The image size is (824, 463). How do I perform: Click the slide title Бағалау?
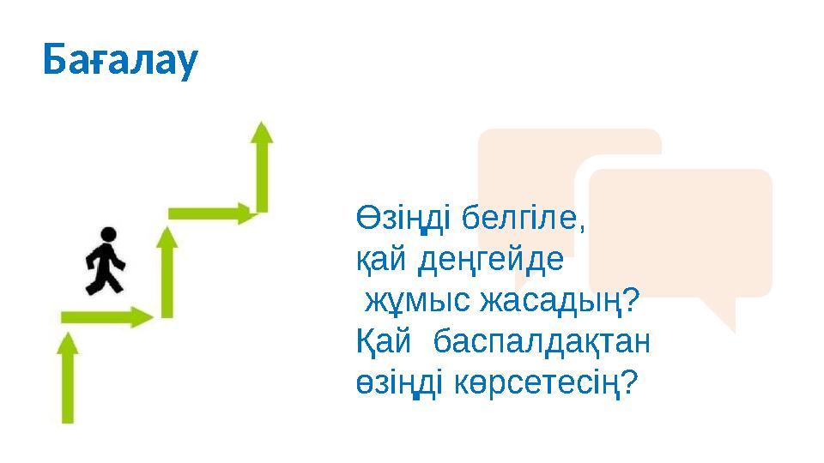pos(121,59)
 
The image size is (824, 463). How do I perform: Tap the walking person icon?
pos(106,261)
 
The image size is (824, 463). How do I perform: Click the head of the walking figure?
pos(107,233)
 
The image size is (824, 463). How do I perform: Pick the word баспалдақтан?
pos(542,342)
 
